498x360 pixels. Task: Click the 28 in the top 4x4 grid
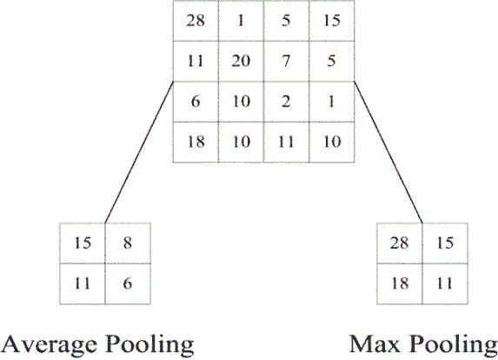[196, 21]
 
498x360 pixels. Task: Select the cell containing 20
[241, 61]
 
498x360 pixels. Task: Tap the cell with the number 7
[286, 61]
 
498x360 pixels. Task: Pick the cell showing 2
[286, 102]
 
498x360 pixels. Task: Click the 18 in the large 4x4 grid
[196, 142]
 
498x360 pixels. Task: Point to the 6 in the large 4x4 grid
[196, 102]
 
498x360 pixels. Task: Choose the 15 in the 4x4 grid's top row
[332, 21]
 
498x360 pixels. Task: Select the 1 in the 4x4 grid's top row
[241, 21]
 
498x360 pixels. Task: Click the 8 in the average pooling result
[128, 243]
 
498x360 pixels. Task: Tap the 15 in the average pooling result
[83, 243]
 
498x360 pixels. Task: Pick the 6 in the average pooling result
[128, 283]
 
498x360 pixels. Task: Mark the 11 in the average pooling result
[83, 283]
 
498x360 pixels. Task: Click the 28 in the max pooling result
[399, 243]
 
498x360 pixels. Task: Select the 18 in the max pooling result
[400, 283]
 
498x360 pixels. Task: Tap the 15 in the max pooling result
[445, 243]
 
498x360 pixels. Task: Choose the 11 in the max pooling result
[445, 283]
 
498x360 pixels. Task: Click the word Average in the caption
[49, 345]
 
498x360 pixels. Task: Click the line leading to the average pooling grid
[139, 152]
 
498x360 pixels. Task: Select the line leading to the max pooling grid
[388, 152]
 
